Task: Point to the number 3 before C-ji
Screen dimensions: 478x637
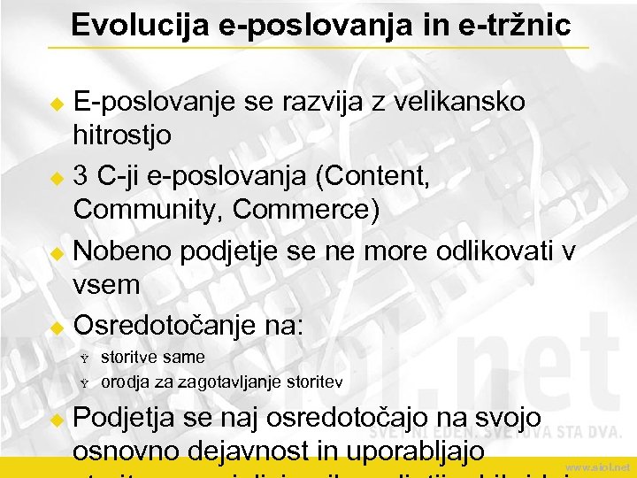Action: (81, 177)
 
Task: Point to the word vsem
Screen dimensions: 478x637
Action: (107, 285)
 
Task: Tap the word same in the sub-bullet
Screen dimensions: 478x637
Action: (184, 358)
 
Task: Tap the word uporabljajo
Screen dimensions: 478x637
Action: (416, 451)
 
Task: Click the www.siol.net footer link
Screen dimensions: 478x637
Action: (598, 466)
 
